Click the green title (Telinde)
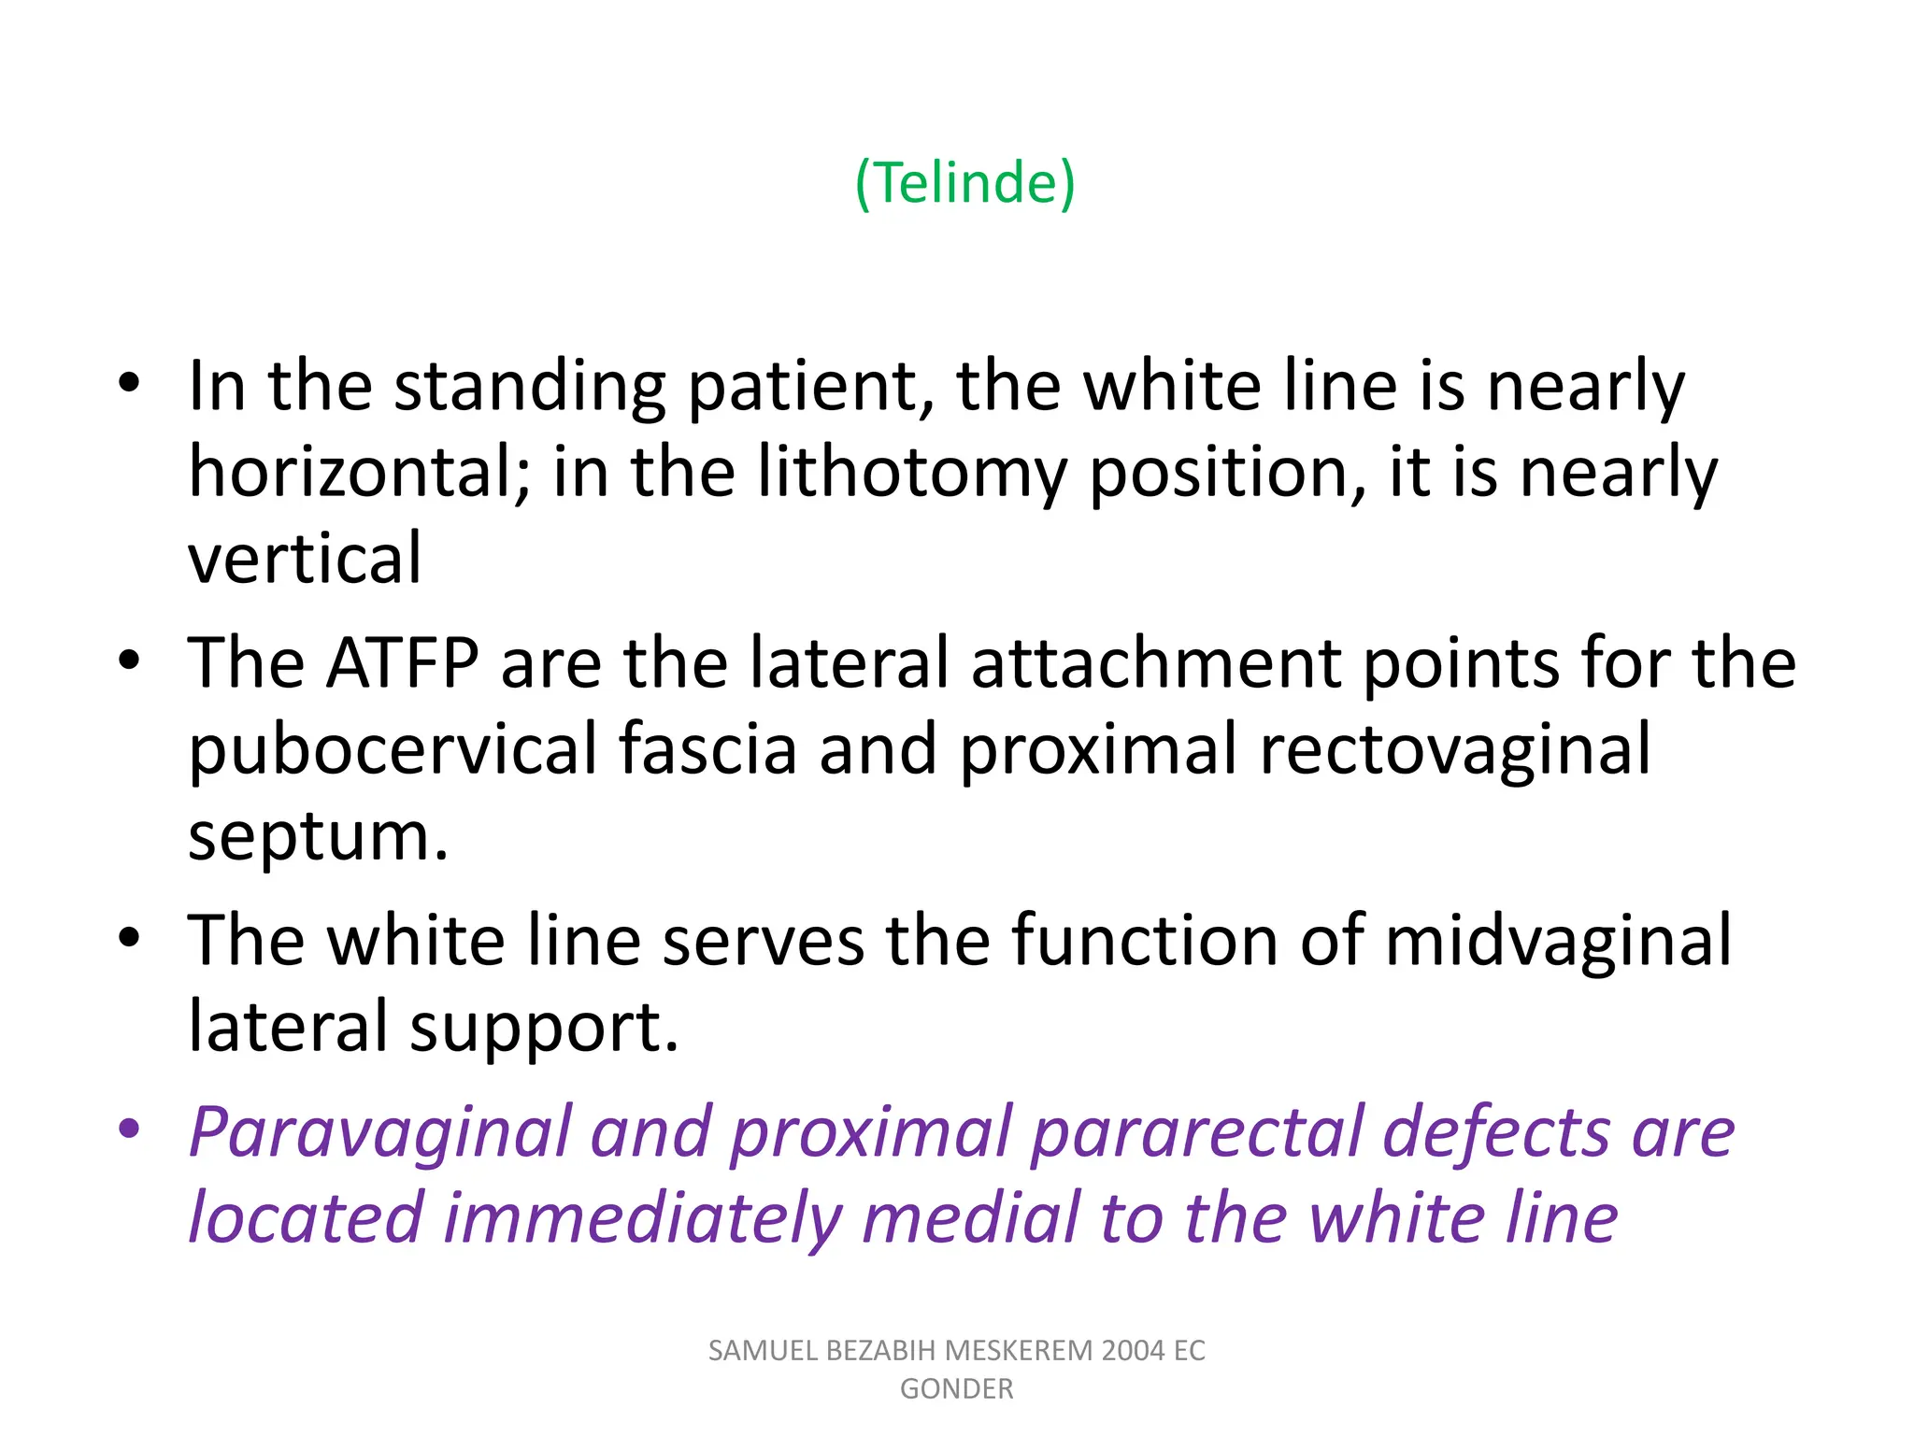(x=964, y=182)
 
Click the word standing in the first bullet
(x=529, y=386)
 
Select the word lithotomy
(x=911, y=472)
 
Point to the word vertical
(x=305, y=558)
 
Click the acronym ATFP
(x=402, y=662)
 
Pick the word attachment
(x=1156, y=662)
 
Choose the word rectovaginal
(x=1454, y=748)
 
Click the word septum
(x=318, y=834)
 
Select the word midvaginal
(x=1558, y=940)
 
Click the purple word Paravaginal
(x=379, y=1131)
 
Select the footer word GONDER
(x=956, y=1389)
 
